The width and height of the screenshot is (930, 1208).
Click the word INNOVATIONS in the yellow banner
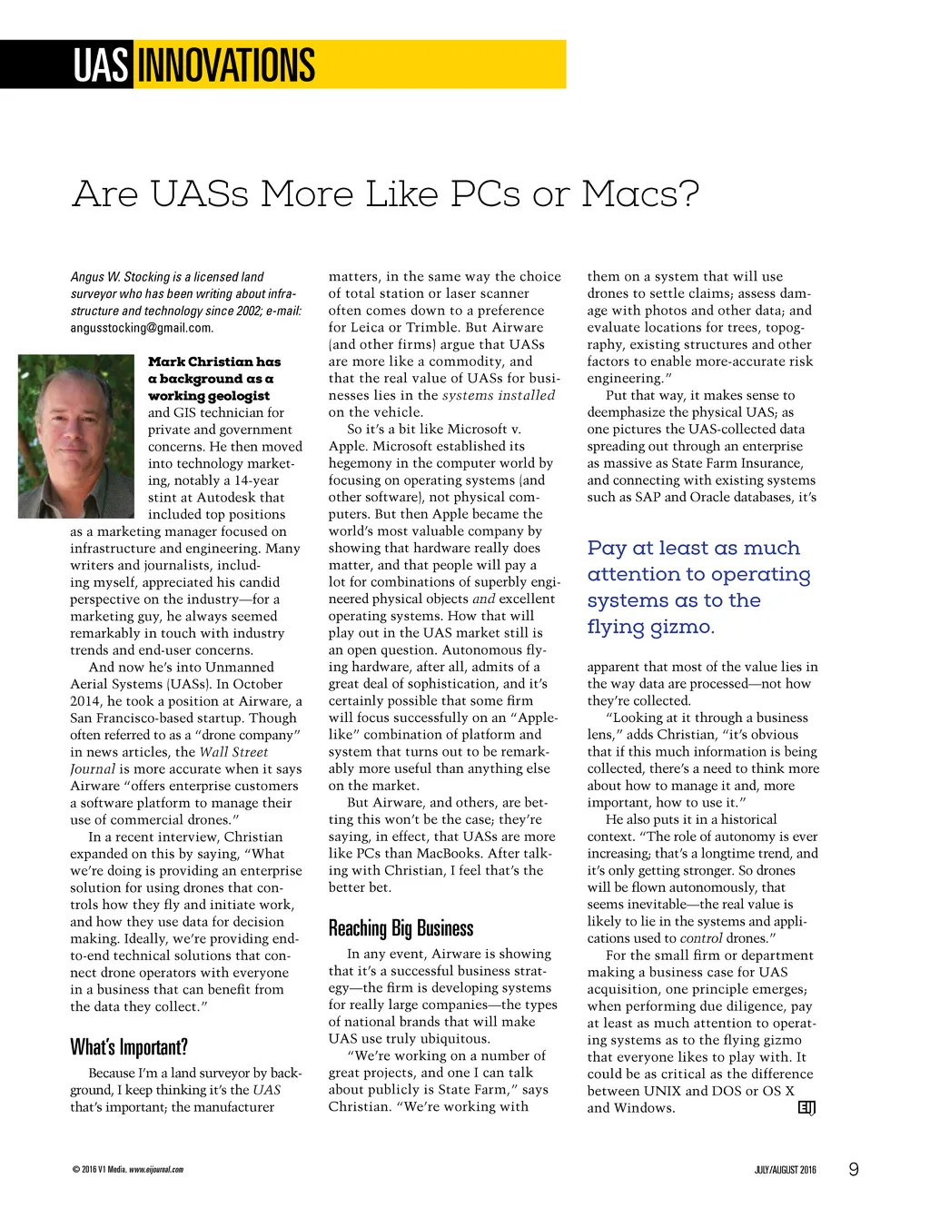pyautogui.click(x=224, y=65)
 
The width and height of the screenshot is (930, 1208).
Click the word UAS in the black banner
pyautogui.click(x=101, y=65)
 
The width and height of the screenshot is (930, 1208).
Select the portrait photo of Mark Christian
pyautogui.click(x=76, y=436)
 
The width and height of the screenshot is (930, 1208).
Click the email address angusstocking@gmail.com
pyautogui.click(x=141, y=328)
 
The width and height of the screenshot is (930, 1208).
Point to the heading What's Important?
pyautogui.click(x=129, y=1047)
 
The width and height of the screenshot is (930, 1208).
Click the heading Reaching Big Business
pyautogui.click(x=401, y=928)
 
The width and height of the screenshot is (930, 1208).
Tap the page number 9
pyautogui.click(x=853, y=1169)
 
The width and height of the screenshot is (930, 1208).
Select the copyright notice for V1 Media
pyautogui.click(x=127, y=1170)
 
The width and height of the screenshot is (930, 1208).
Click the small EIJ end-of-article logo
pyautogui.click(x=806, y=1107)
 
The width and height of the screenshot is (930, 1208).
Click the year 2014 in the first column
pyautogui.click(x=87, y=701)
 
